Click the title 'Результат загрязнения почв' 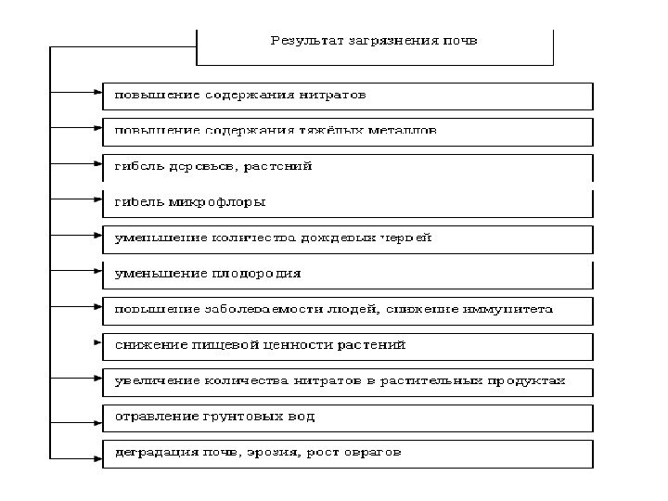(374, 41)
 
